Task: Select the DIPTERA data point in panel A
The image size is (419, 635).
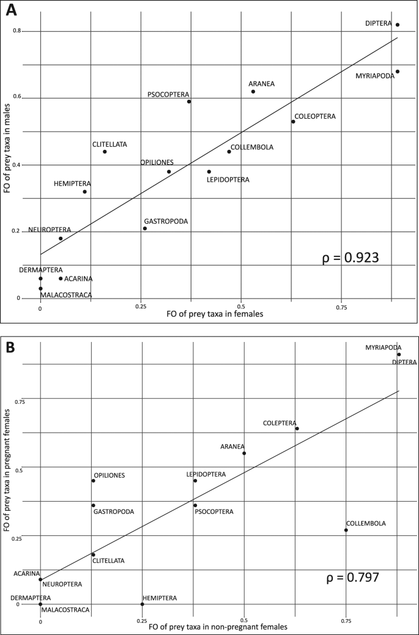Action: point(398,25)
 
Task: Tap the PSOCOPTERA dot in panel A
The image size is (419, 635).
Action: point(189,102)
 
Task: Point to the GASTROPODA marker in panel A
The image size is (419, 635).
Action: point(145,229)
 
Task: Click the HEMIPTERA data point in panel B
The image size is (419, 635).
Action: point(143,604)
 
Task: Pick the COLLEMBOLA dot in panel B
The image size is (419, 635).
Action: point(346,530)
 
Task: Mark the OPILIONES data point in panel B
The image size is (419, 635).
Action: point(93,481)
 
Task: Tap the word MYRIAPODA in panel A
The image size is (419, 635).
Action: point(375,76)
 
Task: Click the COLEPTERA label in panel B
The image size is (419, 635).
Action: point(280,423)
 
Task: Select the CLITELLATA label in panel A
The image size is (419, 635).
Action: point(109,144)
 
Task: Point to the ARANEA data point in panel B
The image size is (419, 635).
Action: point(244,453)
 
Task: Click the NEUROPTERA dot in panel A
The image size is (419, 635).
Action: point(61,239)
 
